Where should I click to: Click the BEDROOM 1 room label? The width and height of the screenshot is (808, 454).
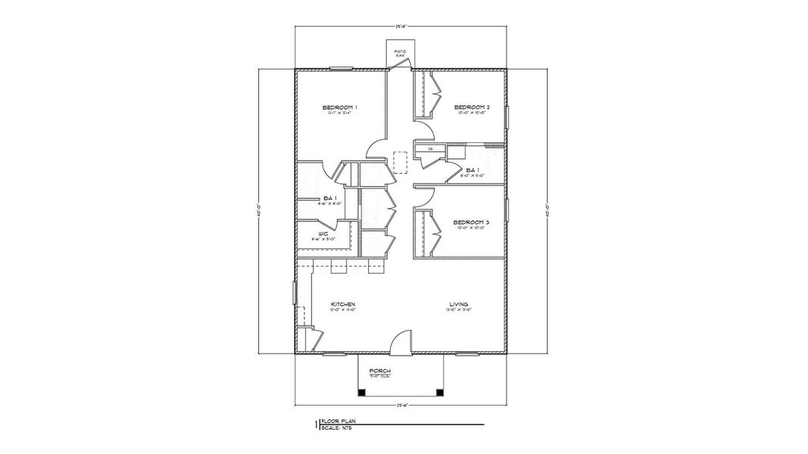[339, 108]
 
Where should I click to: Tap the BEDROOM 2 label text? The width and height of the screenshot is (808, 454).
[472, 108]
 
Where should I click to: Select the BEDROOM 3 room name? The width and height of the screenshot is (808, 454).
[471, 222]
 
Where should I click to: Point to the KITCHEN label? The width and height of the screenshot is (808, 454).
[343, 305]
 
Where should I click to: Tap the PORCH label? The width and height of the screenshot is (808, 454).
[379, 371]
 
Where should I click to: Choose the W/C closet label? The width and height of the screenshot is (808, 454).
[322, 234]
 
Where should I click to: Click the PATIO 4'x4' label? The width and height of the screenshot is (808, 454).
[400, 53]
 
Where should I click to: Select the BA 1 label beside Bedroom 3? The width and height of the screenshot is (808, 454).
[473, 169]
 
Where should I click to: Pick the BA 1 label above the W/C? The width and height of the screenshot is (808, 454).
[329, 198]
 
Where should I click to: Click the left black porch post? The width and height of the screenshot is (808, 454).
[361, 392]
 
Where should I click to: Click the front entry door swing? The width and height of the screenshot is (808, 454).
[399, 340]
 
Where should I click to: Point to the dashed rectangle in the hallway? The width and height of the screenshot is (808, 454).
[400, 163]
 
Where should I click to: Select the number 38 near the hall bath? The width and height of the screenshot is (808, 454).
[430, 150]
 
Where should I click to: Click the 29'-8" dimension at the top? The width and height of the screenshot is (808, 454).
[399, 25]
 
